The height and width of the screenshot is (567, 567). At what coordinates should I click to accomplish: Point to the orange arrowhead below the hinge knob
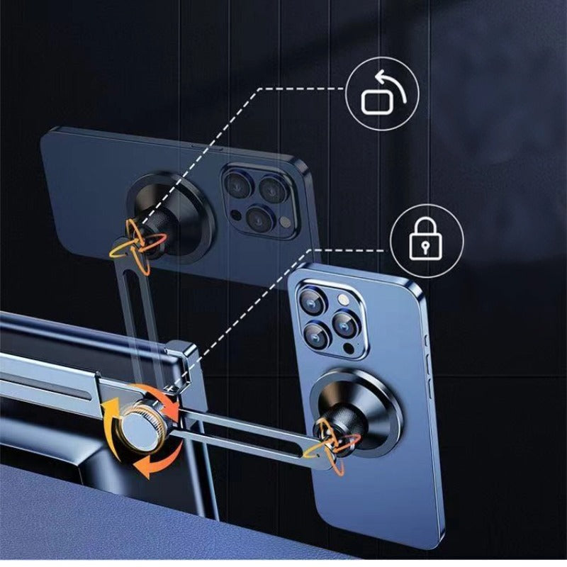tap(146, 468)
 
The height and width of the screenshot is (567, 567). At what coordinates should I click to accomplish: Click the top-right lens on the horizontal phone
tap(272, 189)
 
